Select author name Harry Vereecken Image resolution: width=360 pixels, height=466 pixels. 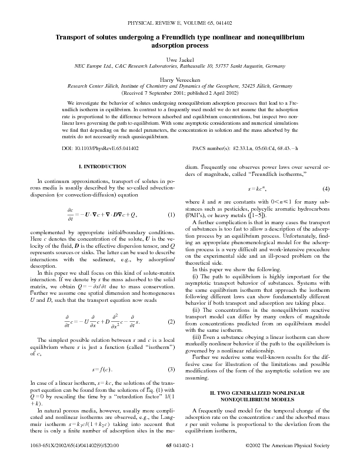pyautogui.click(x=180, y=79)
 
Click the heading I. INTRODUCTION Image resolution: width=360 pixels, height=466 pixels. pyautogui.click(x=102, y=167)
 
